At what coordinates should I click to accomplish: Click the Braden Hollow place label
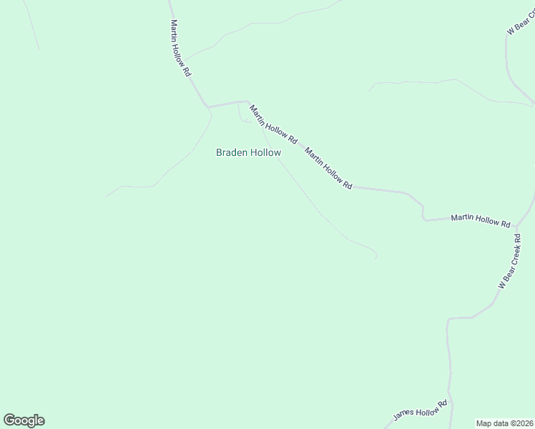[248, 152]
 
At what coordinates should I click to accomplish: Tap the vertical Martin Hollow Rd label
[180, 48]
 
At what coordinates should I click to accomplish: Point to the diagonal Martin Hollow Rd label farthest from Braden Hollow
[328, 168]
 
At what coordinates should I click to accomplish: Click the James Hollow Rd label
[420, 411]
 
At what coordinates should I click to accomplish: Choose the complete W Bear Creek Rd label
[509, 260]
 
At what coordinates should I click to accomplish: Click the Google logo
[24, 420]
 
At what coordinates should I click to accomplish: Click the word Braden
[231, 152]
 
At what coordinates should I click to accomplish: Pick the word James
[403, 416]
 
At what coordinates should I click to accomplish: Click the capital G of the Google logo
[9, 420]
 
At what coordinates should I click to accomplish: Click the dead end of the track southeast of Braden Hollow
[376, 257]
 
